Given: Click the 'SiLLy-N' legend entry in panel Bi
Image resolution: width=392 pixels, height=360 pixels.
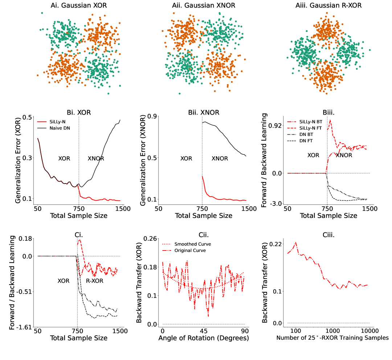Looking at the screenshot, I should click(63, 122).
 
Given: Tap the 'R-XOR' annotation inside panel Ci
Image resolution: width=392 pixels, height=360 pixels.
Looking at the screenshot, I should click(95, 281).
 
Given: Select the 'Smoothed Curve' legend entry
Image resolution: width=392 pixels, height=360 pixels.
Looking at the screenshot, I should click(193, 244).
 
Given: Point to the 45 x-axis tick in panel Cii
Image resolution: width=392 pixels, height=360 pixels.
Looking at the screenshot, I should click(204, 331).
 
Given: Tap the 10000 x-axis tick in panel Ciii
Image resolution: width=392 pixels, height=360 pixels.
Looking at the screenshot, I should click(370, 331).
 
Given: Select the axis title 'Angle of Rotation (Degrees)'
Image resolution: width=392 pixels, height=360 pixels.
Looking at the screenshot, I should click(203, 338).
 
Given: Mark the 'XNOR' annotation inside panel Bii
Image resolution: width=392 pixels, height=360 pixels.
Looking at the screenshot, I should click(220, 158).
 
